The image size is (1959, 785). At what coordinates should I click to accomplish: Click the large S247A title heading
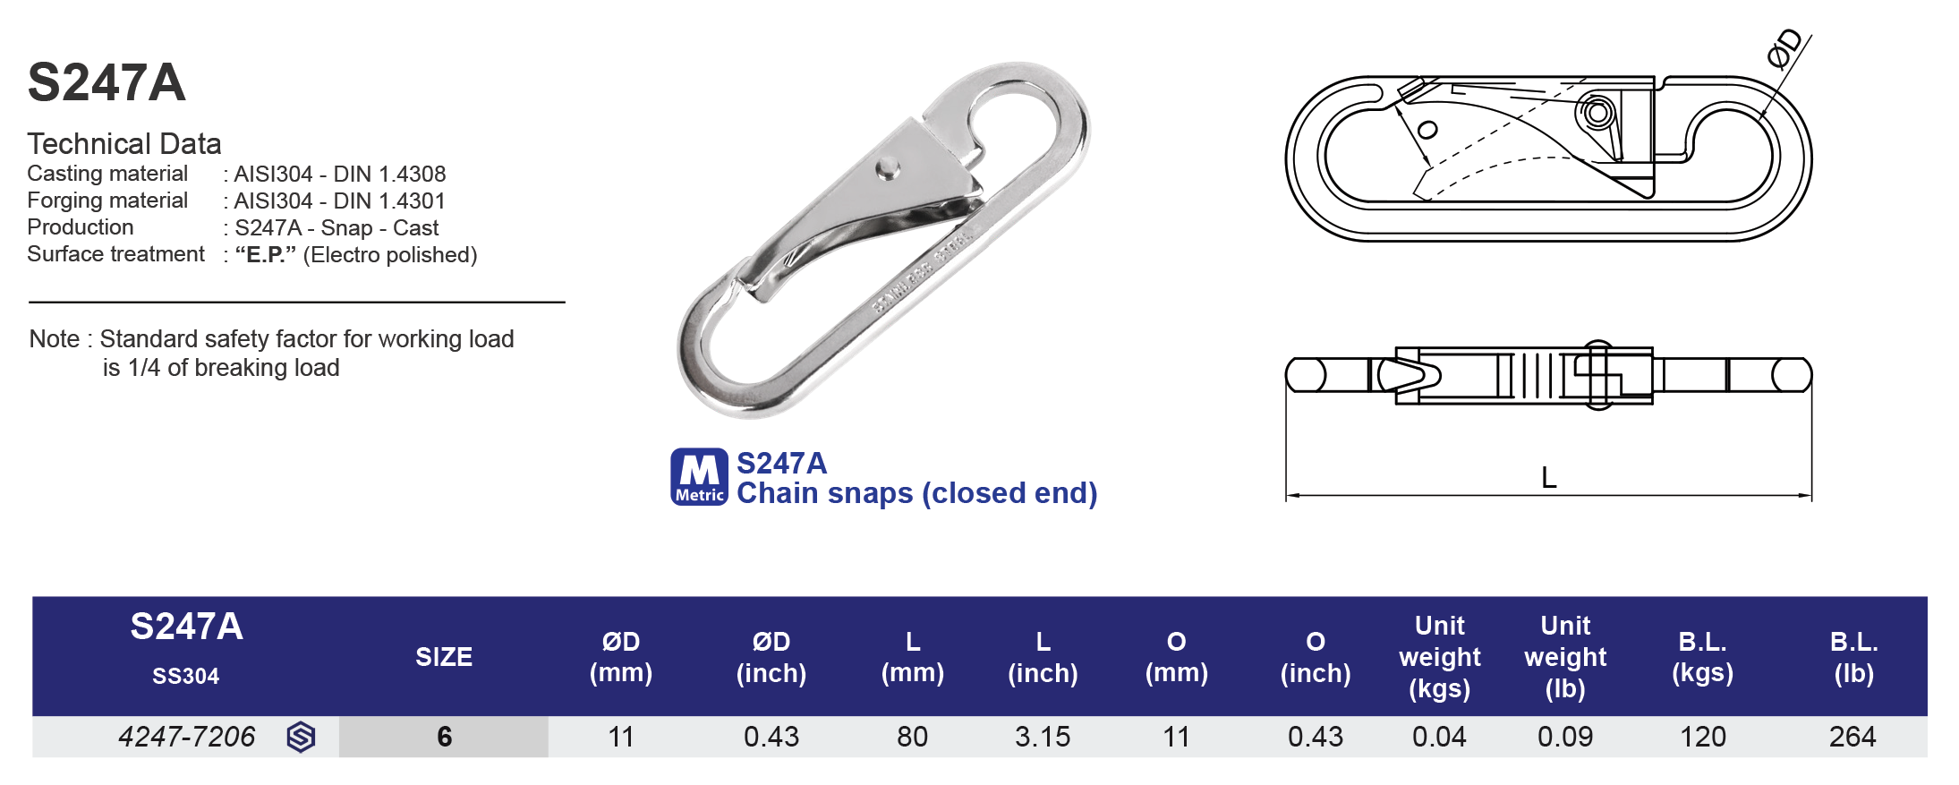(x=106, y=83)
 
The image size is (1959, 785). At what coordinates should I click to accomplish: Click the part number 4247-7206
(x=186, y=737)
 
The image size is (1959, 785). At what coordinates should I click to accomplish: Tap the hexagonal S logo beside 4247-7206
(x=301, y=737)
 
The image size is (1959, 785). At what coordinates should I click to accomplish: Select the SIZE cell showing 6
(x=444, y=737)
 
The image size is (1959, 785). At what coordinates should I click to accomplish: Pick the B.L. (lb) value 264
(x=1852, y=737)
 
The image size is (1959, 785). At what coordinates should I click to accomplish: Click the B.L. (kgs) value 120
(x=1702, y=737)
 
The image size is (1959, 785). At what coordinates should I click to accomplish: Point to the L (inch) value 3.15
(x=1042, y=737)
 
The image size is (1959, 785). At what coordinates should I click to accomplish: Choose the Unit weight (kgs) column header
(x=1439, y=657)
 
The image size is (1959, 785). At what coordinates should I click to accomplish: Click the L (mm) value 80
(x=912, y=737)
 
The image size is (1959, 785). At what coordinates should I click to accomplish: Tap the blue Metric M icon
(x=699, y=477)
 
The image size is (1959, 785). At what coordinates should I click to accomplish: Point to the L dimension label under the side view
(x=1549, y=478)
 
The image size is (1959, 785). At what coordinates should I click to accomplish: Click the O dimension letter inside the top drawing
(x=1428, y=130)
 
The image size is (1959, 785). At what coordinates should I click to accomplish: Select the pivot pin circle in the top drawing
(x=1597, y=114)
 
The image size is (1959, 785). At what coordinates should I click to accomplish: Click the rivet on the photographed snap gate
(x=888, y=167)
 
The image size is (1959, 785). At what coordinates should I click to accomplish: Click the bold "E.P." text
(x=265, y=255)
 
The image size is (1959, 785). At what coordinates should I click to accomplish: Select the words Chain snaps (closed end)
(x=916, y=493)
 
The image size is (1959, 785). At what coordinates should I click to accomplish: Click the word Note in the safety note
(x=54, y=339)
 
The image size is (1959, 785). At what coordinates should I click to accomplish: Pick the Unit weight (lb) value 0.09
(x=1564, y=737)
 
